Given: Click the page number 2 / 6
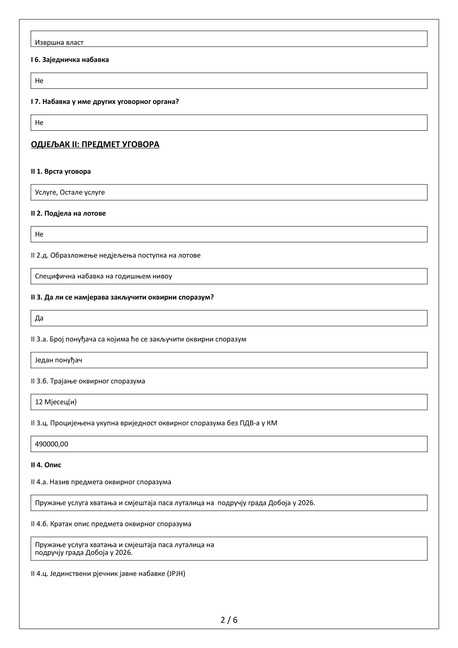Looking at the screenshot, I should [229, 620].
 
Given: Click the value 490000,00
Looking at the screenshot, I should [52, 444].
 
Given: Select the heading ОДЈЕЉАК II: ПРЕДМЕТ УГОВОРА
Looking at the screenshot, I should [95, 144].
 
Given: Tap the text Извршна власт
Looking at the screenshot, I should [59, 43].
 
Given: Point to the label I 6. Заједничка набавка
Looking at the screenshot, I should [70, 60].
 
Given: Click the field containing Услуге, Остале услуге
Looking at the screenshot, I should [70, 192].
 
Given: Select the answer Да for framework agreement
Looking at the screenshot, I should [39, 318].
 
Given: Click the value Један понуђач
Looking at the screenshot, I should [59, 360].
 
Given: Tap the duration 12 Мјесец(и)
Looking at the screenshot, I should [56, 402].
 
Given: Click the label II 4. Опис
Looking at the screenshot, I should [46, 465].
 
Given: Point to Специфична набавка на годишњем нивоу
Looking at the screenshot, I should [103, 276].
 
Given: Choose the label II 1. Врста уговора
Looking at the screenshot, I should [61, 171].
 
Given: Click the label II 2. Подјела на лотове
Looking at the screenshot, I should [68, 213].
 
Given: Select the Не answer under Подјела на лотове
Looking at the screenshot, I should [39, 234].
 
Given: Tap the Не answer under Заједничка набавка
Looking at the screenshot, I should [39, 81].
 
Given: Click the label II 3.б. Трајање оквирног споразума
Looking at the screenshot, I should [88, 381].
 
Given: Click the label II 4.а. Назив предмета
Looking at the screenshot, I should [101, 482].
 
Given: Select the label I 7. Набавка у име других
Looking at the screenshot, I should [105, 102].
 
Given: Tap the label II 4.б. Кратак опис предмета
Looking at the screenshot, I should [111, 524].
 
